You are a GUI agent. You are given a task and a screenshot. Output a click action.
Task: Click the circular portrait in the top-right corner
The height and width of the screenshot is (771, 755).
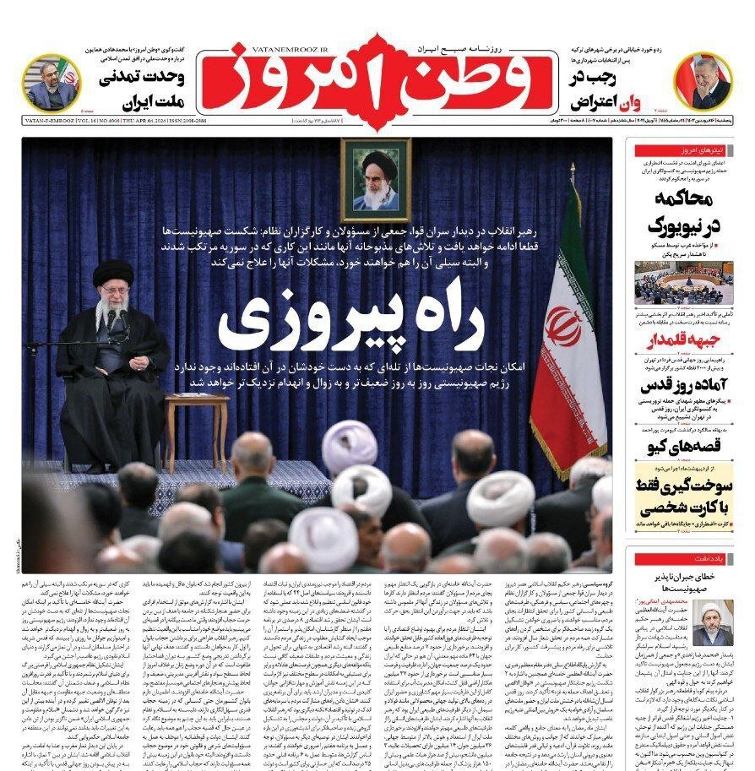click(703, 81)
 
